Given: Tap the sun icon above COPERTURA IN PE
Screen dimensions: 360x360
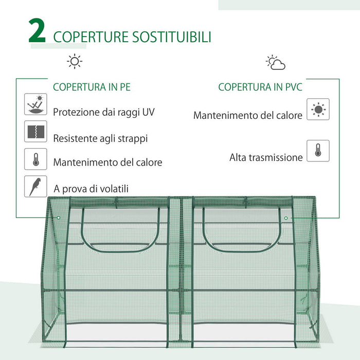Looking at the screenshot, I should pos(75,62).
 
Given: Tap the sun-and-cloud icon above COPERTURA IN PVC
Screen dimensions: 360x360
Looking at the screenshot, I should pos(276,63).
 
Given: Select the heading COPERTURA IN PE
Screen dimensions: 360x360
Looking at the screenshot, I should pos(92,87).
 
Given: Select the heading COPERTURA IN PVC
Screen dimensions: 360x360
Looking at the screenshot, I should pos(260,87).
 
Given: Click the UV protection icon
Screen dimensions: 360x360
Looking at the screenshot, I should pos(35,104).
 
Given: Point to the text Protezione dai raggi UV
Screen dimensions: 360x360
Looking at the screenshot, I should pos(104,112).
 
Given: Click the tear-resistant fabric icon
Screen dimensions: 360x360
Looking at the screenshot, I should pos(35,132).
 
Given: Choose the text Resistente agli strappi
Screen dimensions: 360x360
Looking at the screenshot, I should pos(100,138).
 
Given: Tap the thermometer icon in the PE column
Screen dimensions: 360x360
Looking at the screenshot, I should pos(35,159).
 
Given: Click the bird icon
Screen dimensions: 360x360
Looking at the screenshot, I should pos(35,186).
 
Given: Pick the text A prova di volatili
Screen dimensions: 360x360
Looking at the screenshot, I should pos(91,189).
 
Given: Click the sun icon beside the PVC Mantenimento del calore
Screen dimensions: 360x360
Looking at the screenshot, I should pos(318,110).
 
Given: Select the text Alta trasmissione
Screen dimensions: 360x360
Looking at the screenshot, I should pos(266,158).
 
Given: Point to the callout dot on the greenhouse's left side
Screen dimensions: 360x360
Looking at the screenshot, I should pos(59,218).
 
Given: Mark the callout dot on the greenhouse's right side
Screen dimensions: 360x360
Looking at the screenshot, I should pos(286,218).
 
